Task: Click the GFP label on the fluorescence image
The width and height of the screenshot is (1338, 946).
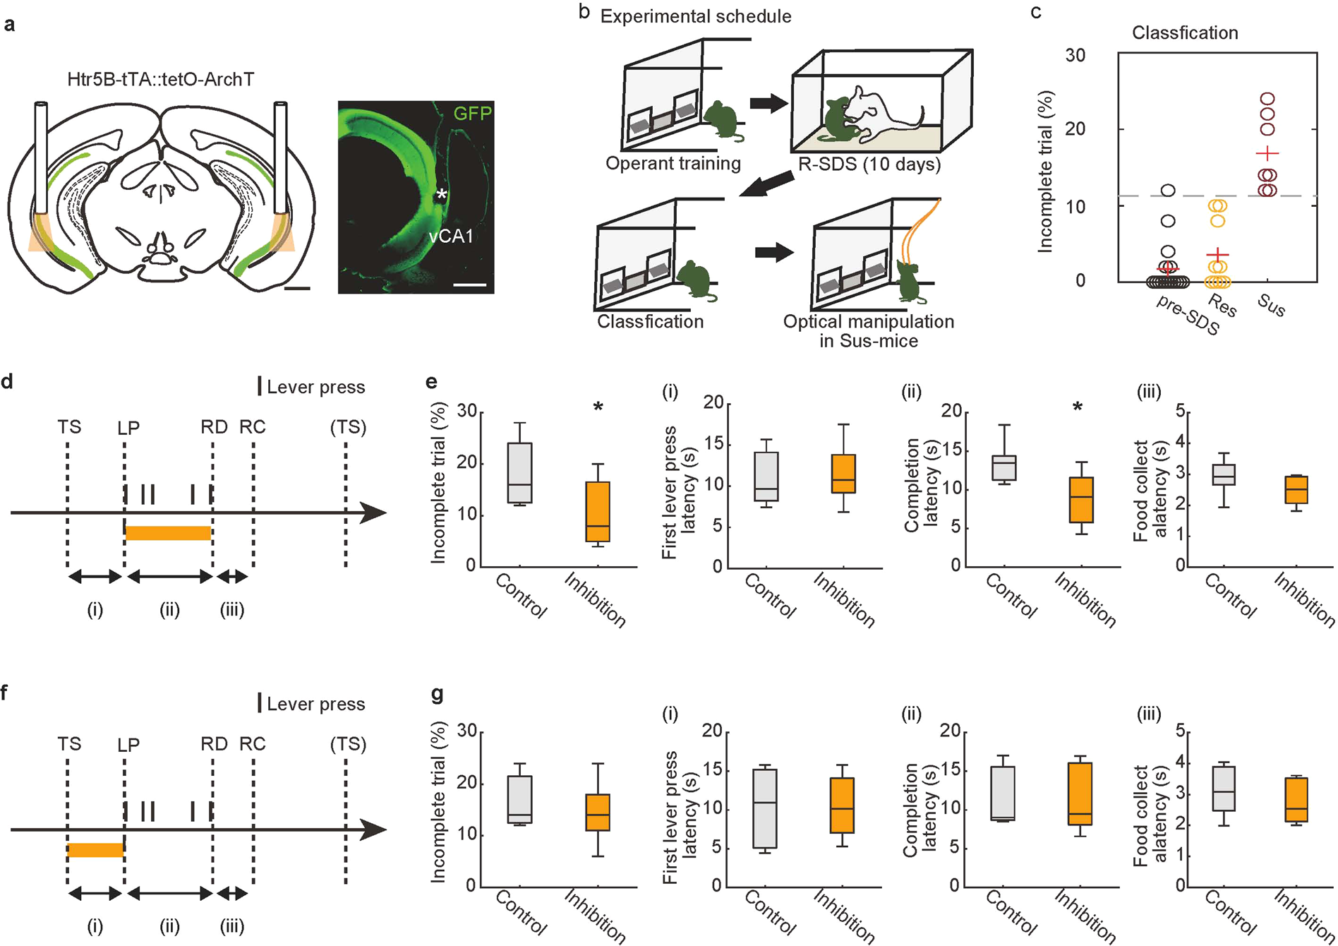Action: click(471, 113)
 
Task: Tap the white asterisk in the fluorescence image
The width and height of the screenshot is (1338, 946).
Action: click(441, 195)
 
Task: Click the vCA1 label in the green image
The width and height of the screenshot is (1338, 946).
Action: click(450, 236)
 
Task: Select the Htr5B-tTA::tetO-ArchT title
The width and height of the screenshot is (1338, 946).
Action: click(160, 79)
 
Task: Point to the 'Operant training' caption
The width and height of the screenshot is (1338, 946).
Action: click(673, 164)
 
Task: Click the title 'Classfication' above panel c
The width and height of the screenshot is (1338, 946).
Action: click(1184, 33)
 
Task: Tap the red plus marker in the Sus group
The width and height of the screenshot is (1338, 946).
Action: click(1267, 153)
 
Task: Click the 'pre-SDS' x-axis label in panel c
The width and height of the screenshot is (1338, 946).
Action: click(1188, 314)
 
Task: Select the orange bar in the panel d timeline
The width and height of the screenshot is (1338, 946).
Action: click(168, 533)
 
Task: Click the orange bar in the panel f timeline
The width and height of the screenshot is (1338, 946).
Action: click(95, 850)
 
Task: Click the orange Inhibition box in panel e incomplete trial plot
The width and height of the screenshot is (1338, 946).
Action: click(598, 511)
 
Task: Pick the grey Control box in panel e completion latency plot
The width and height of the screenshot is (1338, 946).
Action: click(1003, 467)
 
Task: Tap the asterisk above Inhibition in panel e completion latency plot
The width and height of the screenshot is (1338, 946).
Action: click(1078, 407)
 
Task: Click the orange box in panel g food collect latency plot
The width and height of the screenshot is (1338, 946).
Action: click(1297, 799)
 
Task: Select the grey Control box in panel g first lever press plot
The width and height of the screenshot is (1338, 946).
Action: click(764, 808)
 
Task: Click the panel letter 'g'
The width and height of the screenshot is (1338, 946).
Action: click(437, 694)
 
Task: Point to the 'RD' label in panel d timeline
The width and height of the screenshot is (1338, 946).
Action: click(214, 427)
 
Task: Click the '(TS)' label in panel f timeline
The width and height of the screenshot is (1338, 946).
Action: click(348, 744)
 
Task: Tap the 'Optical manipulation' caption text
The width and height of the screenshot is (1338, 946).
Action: click(868, 323)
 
